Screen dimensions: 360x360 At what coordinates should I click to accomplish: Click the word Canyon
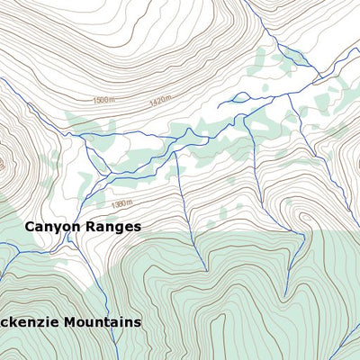pos(52,227)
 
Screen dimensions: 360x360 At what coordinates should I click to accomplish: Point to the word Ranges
pos(113,227)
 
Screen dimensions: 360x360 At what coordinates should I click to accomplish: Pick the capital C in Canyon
pos(30,227)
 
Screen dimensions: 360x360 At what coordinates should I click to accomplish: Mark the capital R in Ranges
pos(90,227)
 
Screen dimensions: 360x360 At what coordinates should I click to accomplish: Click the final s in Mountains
pos(138,321)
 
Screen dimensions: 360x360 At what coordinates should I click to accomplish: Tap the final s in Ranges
pos(137,227)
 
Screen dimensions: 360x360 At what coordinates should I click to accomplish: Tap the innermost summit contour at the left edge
pos(2,164)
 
